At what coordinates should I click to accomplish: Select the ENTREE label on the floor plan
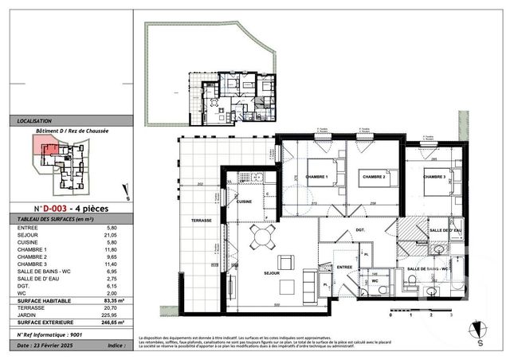[x=343, y=268]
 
